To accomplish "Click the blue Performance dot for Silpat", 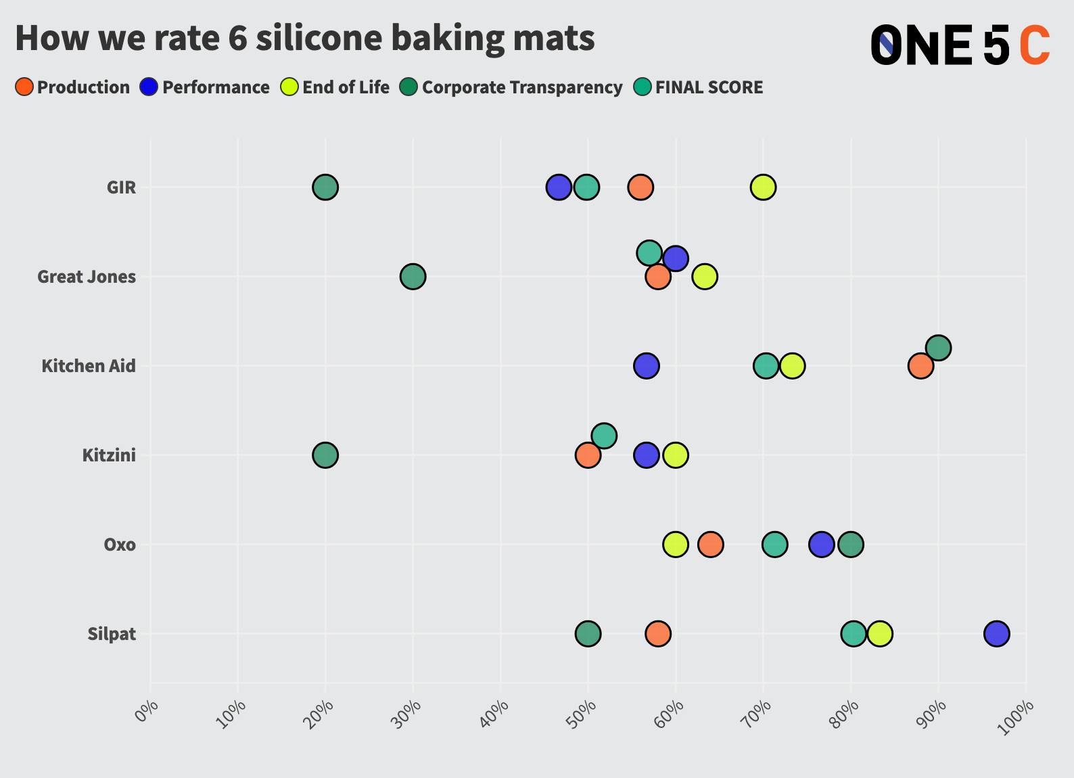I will click(x=996, y=634).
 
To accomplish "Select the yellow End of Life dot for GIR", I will click(x=763, y=187).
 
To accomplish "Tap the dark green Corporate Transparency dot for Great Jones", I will click(x=413, y=277).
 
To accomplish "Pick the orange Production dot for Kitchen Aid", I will click(x=920, y=366).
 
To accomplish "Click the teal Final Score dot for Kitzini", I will click(x=604, y=436).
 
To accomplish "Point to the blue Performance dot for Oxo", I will click(x=821, y=545).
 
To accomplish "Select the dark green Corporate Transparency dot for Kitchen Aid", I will click(x=938, y=348).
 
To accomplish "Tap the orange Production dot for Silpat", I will click(x=658, y=634).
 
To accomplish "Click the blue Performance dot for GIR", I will click(x=559, y=187).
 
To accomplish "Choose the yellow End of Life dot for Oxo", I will click(x=676, y=545).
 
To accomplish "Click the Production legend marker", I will click(x=24, y=87).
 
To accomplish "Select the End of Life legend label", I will click(x=346, y=88).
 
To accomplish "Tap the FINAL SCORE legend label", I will click(x=709, y=88).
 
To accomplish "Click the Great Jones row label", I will click(x=87, y=277).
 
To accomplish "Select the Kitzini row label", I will click(x=109, y=455).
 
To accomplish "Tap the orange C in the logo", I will click(x=1034, y=46).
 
